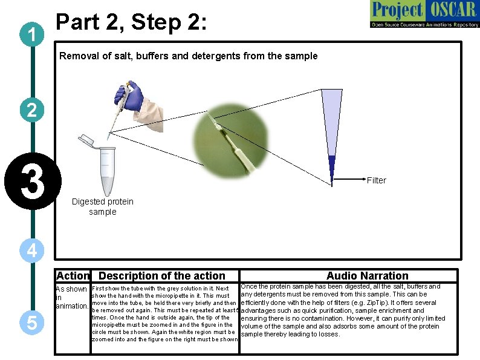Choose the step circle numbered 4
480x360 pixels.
tap(31, 249)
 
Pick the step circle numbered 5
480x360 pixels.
tap(31, 324)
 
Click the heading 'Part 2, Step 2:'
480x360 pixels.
tap(131, 22)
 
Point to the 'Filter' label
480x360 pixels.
tap(376, 180)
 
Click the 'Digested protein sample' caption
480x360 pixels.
tap(102, 206)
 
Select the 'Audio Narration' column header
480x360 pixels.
tap(367, 276)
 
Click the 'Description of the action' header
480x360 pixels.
tap(161, 276)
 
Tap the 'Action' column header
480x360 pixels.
tap(73, 276)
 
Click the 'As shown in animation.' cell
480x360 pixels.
tap(72, 298)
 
